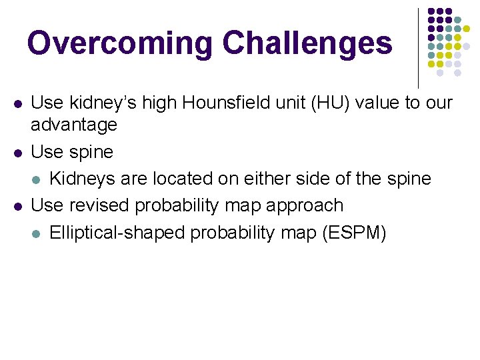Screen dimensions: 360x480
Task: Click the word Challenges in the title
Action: click(x=307, y=43)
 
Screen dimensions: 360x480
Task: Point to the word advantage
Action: click(x=74, y=125)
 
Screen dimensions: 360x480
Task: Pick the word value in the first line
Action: click(x=382, y=103)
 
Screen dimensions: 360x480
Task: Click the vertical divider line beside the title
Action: click(x=418, y=47)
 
